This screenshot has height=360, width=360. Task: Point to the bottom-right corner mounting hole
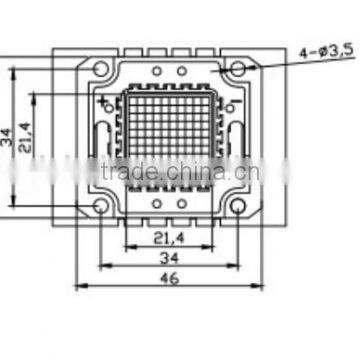(x=240, y=206)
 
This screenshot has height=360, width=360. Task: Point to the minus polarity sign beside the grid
(x=237, y=103)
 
